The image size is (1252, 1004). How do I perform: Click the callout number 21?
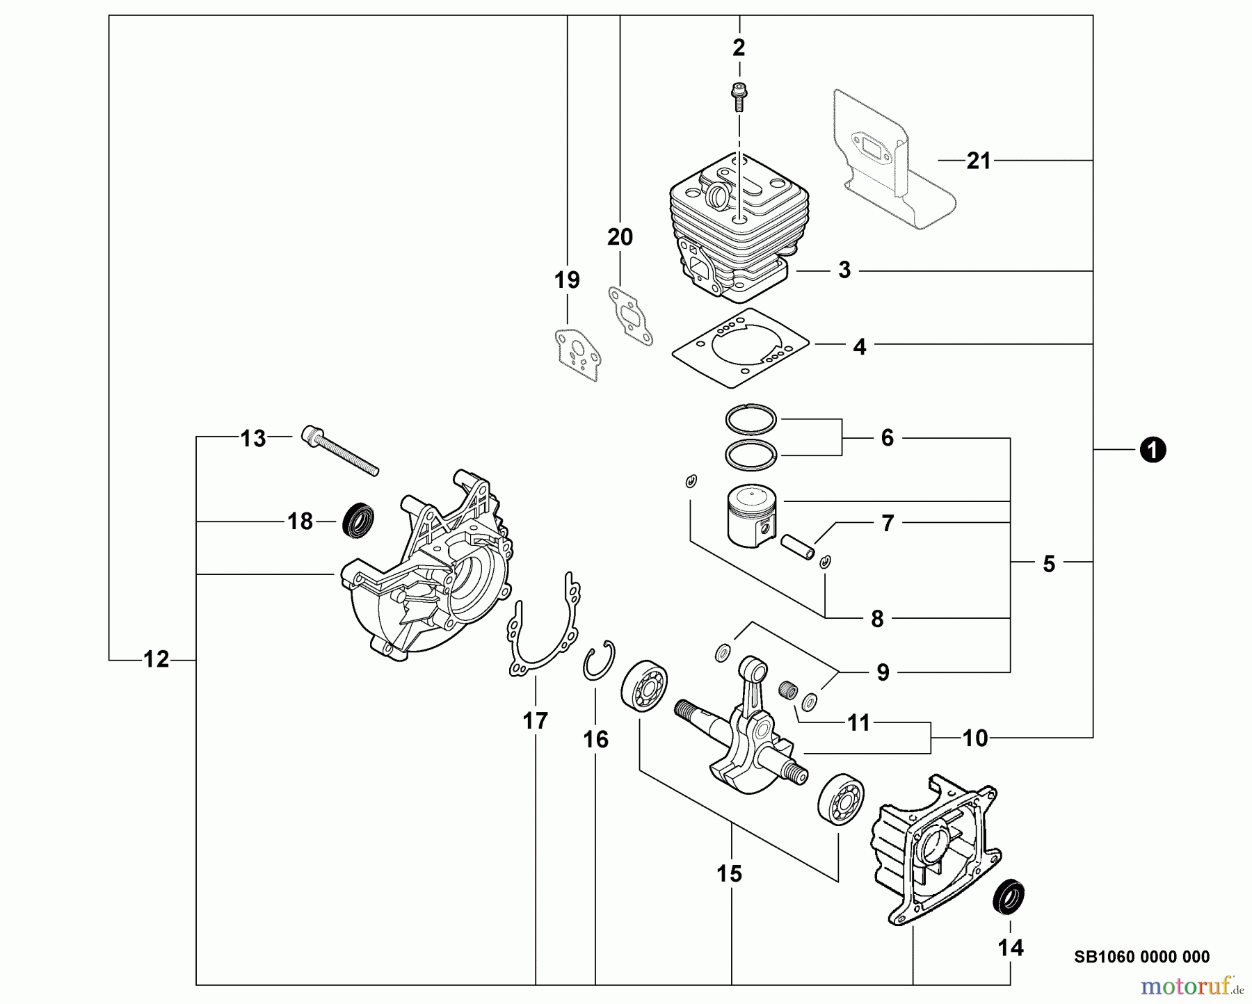[979, 161]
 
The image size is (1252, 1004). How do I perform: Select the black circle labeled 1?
[1153, 451]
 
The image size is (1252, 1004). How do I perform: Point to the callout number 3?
[844, 270]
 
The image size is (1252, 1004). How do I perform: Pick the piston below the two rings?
[752, 515]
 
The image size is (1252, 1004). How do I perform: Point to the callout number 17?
[536, 721]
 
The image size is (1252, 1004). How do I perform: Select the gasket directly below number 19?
[575, 355]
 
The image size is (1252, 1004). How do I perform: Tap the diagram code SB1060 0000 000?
[1141, 957]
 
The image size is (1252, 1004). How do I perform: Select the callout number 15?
[730, 873]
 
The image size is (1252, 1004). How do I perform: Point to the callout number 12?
[156, 659]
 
